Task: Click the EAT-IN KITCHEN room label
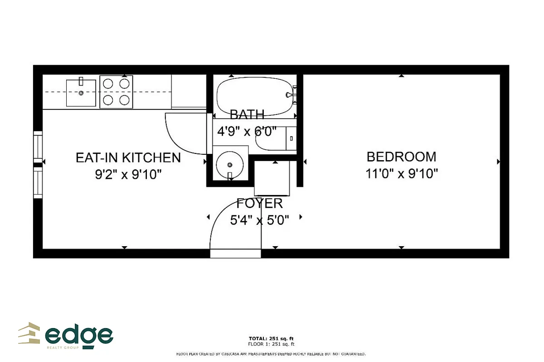coord(128,157)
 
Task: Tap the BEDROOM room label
coord(401,157)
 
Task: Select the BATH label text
coord(247,114)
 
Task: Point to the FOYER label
coord(260,203)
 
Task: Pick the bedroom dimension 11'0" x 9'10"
coord(401,173)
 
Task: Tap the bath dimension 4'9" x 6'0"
coord(247,132)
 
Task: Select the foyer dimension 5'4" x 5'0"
coord(260,220)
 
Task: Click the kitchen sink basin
coord(81,93)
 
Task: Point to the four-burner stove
coord(116,92)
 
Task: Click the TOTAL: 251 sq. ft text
coord(272,338)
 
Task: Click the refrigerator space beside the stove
coord(189,91)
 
